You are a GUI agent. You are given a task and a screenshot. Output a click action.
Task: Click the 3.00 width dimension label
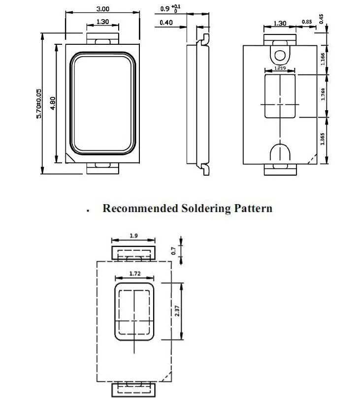[x=103, y=9]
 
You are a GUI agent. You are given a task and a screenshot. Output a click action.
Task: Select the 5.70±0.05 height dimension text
[x=39, y=103]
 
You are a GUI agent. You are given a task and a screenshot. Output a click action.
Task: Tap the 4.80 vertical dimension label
[x=53, y=103]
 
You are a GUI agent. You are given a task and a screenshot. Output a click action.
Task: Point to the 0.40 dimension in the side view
[x=166, y=23]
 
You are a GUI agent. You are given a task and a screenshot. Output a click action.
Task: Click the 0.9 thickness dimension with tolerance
[x=170, y=8]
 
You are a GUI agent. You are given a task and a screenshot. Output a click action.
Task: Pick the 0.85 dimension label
[x=307, y=22]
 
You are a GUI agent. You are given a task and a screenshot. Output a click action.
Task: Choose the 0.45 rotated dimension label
[x=321, y=19]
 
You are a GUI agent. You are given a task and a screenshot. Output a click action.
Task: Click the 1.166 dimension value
[x=323, y=59]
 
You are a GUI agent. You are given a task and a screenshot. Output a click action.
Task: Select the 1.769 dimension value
[x=323, y=94]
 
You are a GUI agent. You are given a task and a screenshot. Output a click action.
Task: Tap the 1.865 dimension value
[x=323, y=139]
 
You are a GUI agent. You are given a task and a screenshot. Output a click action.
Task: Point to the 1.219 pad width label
[x=280, y=68]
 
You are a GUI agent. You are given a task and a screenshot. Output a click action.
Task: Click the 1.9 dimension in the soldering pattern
[x=133, y=236]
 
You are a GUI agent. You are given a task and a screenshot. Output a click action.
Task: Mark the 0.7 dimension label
[x=174, y=251]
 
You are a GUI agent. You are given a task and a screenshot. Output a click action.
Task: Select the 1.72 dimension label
[x=135, y=274]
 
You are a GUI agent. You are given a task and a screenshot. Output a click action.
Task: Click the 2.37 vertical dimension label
[x=177, y=311]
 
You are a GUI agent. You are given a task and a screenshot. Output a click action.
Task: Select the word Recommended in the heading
[x=140, y=208]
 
